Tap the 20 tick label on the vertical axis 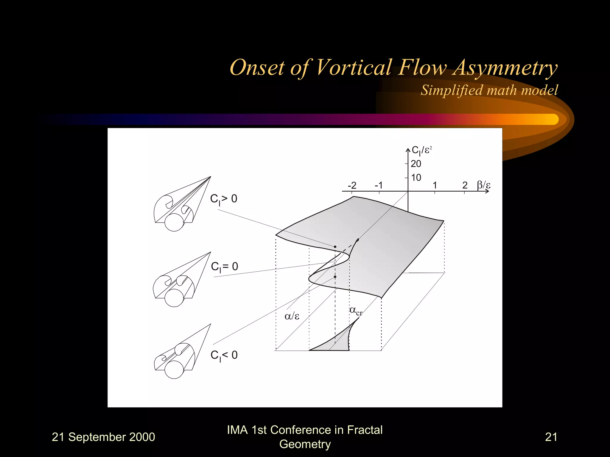(x=416, y=164)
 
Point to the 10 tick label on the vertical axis (x=416, y=178)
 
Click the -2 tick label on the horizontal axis (x=352, y=185)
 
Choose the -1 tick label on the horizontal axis (x=379, y=185)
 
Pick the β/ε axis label (x=483, y=185)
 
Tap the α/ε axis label (x=292, y=316)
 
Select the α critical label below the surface (x=356, y=311)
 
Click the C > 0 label (x=224, y=199)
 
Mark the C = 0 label (x=224, y=267)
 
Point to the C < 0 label (x=224, y=355)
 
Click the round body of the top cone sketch (x=174, y=222)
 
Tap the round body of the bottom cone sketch (x=174, y=369)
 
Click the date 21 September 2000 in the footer (x=103, y=437)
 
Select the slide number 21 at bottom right (x=551, y=437)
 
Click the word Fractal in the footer (x=365, y=430)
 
